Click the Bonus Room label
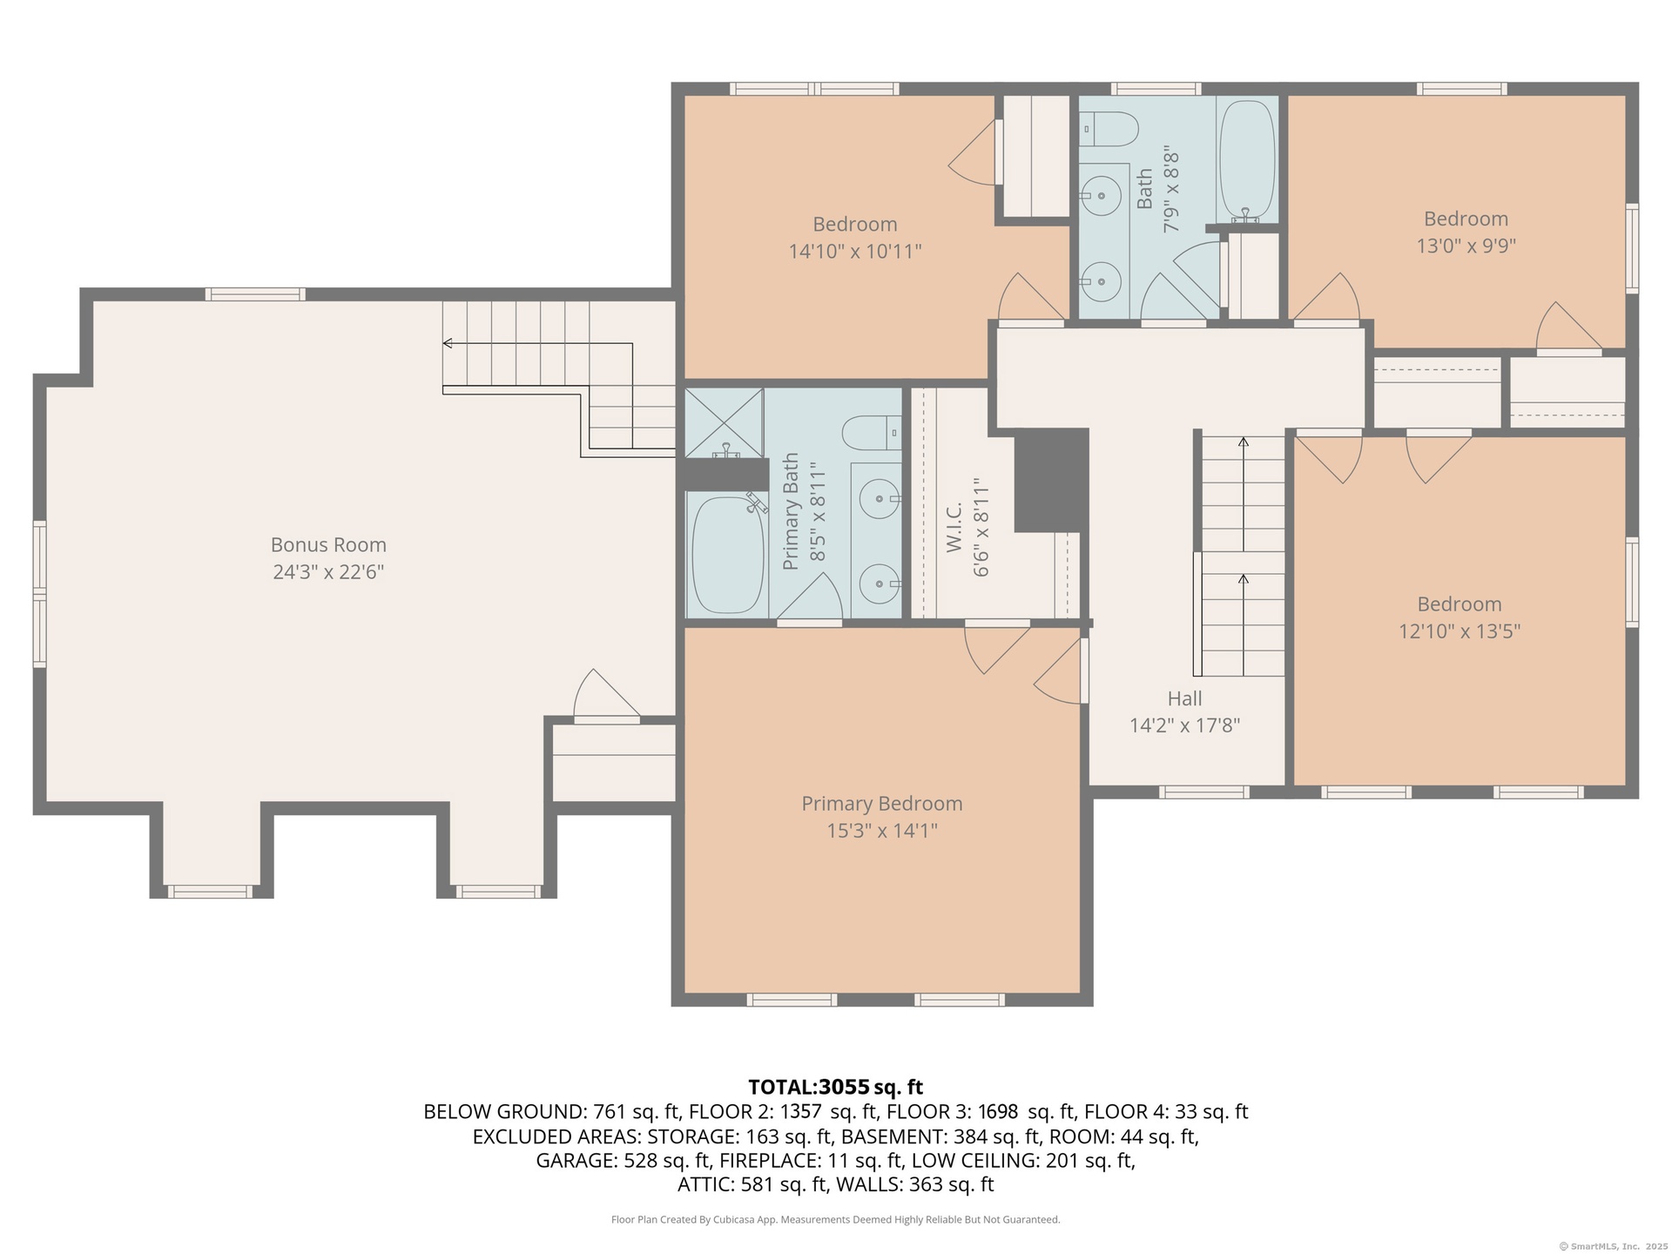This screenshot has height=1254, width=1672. coord(328,545)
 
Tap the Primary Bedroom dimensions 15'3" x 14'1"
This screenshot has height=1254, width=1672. coord(882,831)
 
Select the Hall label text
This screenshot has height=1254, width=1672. coord(1184,698)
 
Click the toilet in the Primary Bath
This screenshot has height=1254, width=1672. coord(872,433)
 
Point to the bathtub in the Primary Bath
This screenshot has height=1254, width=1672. coord(728,554)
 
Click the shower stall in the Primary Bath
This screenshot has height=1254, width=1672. coord(725,423)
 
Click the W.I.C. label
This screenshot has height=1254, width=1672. coord(954,527)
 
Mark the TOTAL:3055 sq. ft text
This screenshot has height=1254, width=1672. coord(835,1087)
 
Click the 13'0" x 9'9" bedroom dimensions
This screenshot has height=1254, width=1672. coord(1466,246)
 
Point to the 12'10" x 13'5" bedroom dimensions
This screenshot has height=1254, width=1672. coord(1460,631)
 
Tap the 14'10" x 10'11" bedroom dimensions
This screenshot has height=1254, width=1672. coord(855,252)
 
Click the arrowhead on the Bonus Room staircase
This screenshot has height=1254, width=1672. coord(448,343)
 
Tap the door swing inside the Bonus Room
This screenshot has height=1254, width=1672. coord(607,694)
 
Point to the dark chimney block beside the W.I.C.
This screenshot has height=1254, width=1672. coord(1052,480)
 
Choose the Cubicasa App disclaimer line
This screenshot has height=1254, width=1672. coord(836,1220)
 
